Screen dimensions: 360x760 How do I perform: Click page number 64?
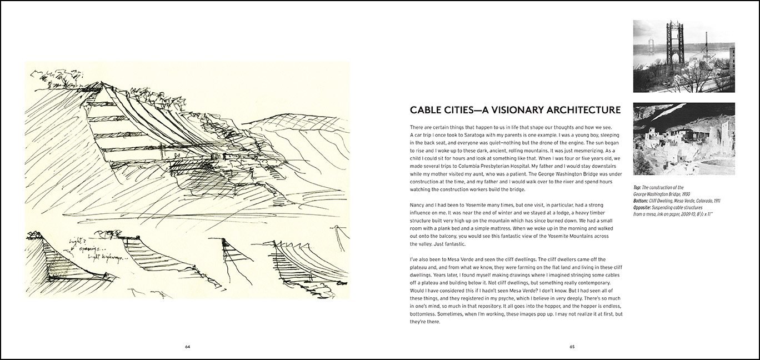(187, 347)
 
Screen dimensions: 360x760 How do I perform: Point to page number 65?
(572, 347)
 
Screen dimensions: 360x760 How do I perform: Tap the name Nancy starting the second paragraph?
(418, 205)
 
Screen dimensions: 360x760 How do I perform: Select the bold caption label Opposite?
(646, 207)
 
